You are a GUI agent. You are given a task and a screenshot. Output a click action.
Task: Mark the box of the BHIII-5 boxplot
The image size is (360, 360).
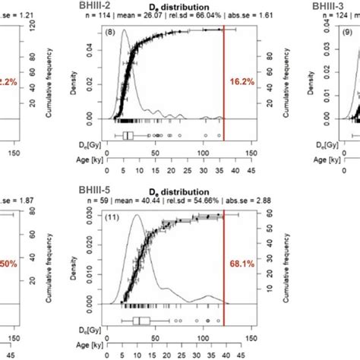coord(141,321)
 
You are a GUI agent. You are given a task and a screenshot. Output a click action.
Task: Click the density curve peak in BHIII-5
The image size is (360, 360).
coord(136,216)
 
